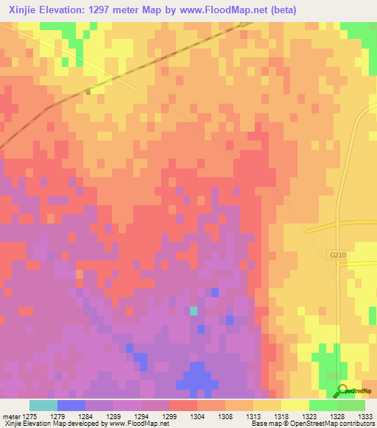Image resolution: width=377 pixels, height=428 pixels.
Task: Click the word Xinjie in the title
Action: pos(25,9)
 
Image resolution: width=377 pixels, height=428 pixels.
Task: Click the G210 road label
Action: pos(337,254)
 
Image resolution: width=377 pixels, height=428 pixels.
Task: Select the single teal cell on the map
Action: pos(194,311)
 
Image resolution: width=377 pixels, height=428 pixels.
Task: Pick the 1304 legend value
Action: pos(198,415)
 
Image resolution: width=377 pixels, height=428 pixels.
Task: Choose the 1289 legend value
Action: pos(114,415)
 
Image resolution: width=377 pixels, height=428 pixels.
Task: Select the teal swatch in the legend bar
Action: pos(43,405)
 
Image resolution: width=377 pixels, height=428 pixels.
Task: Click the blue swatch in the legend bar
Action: pos(71,405)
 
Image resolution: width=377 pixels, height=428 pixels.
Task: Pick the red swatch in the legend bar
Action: pos(183,405)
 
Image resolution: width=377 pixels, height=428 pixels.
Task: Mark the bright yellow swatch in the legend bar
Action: pos(295,405)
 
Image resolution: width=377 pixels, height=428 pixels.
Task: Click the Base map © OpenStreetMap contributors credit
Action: pos(311,424)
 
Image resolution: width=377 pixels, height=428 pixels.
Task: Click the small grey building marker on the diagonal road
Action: pos(88,92)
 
